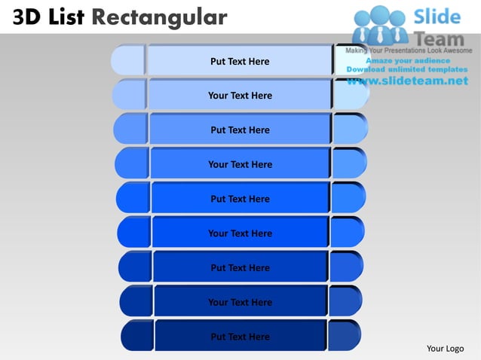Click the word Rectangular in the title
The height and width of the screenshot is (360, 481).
point(159,17)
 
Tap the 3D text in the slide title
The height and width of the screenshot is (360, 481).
point(26,17)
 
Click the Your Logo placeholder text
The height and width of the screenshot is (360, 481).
point(445,348)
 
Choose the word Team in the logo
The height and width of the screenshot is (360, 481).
point(440,35)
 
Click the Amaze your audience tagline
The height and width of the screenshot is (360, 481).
point(408,60)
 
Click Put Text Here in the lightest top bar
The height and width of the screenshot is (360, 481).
point(240,61)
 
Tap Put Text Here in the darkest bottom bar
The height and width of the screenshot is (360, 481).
point(240,337)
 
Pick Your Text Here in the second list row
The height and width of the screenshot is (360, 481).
point(240,96)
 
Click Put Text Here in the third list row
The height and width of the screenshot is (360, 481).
point(240,130)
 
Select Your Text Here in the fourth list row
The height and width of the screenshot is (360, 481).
point(240,164)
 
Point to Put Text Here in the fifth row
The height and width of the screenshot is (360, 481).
point(240,199)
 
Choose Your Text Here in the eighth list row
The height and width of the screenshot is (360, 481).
point(240,302)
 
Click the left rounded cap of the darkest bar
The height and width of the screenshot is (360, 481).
point(137,336)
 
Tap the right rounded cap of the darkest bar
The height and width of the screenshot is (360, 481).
point(344,336)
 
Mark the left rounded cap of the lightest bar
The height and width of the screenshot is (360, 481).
point(127,60)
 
